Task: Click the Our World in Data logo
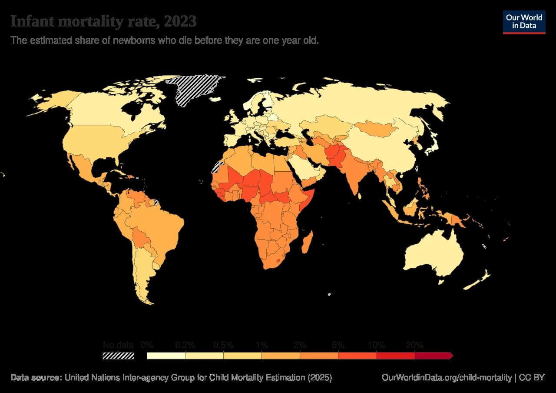coord(524,22)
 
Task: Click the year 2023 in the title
coord(178,21)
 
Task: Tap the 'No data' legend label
coord(118,345)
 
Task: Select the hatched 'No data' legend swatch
coord(118,356)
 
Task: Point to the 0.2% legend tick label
coord(185,345)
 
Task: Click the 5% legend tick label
coord(338,345)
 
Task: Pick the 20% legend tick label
coord(414,345)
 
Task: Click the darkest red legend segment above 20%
coord(433,356)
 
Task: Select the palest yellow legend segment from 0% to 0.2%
coord(166,356)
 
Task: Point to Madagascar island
coord(307,242)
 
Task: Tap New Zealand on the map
coord(478,280)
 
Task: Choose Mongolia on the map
coord(376,127)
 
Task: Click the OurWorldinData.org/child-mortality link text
coord(447,377)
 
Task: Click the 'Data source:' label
coord(36,377)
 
